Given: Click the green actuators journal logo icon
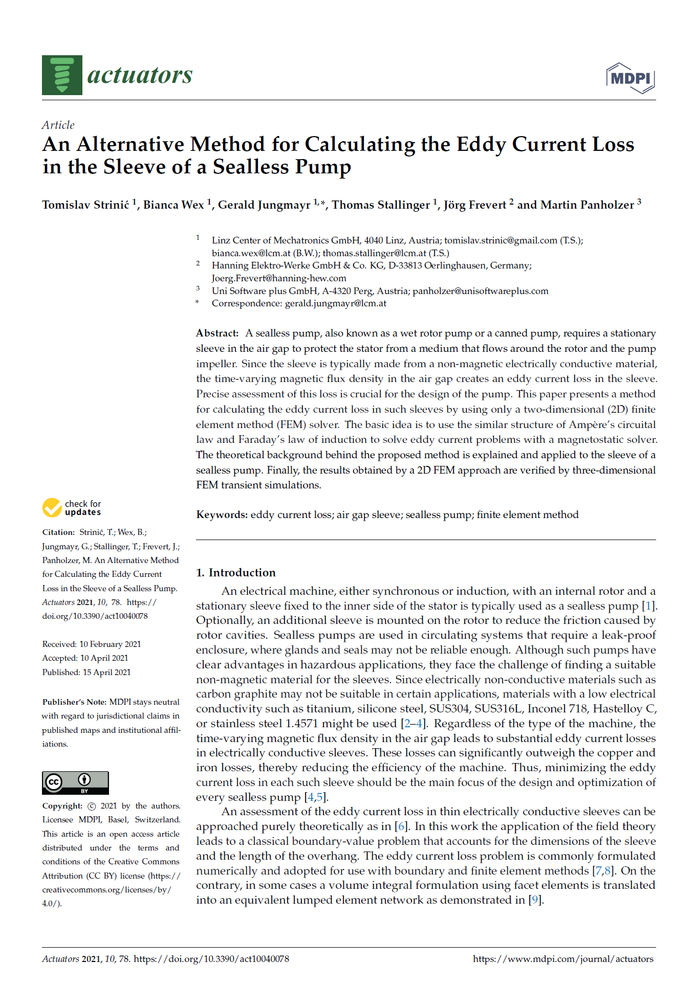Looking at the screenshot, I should [62, 75].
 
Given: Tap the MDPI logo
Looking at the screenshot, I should [631, 78].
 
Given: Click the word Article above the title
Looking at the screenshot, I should [58, 125].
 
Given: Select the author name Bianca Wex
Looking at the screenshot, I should [173, 205].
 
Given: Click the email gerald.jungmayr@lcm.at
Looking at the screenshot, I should [335, 303].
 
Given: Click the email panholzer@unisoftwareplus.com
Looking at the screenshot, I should [480, 291].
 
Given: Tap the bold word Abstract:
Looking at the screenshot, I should [217, 333].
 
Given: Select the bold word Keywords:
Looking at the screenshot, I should [222, 515].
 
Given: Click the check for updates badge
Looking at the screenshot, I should [72, 508].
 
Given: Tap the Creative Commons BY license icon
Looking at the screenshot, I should [75, 782].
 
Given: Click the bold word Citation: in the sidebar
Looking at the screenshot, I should [58, 532].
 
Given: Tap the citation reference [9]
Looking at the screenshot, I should [534, 900].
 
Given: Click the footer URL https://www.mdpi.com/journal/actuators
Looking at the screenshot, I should [562, 959].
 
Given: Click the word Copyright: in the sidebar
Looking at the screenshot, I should [62, 806].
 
